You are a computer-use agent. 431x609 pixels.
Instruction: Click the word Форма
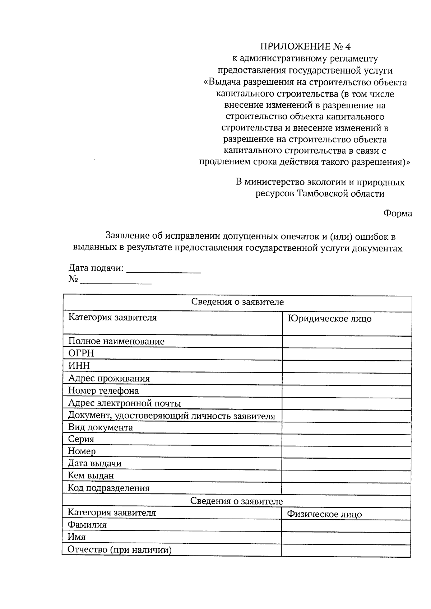tap(397, 214)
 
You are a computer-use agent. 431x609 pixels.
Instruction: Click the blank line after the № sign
tap(116, 281)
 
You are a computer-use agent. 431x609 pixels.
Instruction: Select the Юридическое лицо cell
tap(330, 319)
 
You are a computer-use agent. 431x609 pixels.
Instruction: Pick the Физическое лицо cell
tap(324, 514)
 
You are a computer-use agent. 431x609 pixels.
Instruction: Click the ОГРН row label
tap(81, 353)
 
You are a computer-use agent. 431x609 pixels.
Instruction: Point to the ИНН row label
tap(79, 366)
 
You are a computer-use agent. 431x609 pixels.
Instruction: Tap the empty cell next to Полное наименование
tap(347, 342)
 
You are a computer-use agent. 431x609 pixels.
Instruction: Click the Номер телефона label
tap(103, 390)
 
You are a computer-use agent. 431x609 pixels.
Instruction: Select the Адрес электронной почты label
tap(124, 403)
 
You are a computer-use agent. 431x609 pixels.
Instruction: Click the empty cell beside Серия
tap(346, 440)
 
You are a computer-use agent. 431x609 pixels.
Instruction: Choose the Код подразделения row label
tap(108, 488)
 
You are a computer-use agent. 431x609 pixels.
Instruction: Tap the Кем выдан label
tap(91, 476)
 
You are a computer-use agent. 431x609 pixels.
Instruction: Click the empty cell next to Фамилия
tap(346, 526)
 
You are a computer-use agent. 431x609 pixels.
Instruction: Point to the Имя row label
tap(77, 537)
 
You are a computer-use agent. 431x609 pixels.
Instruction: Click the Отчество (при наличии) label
tap(119, 550)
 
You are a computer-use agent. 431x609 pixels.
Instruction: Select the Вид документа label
tap(100, 427)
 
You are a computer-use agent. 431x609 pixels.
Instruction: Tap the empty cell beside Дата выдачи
tap(346, 464)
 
